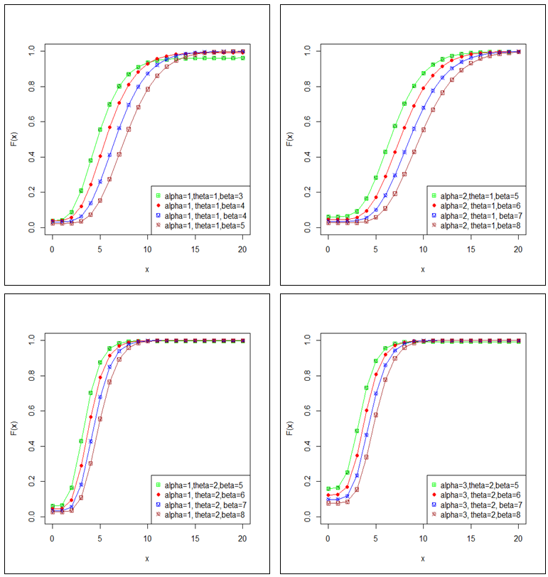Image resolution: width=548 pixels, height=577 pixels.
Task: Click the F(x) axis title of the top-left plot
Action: click(14, 139)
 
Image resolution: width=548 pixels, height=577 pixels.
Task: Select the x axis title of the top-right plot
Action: click(422, 269)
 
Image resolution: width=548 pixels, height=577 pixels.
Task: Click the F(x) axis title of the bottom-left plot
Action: click(14, 429)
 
